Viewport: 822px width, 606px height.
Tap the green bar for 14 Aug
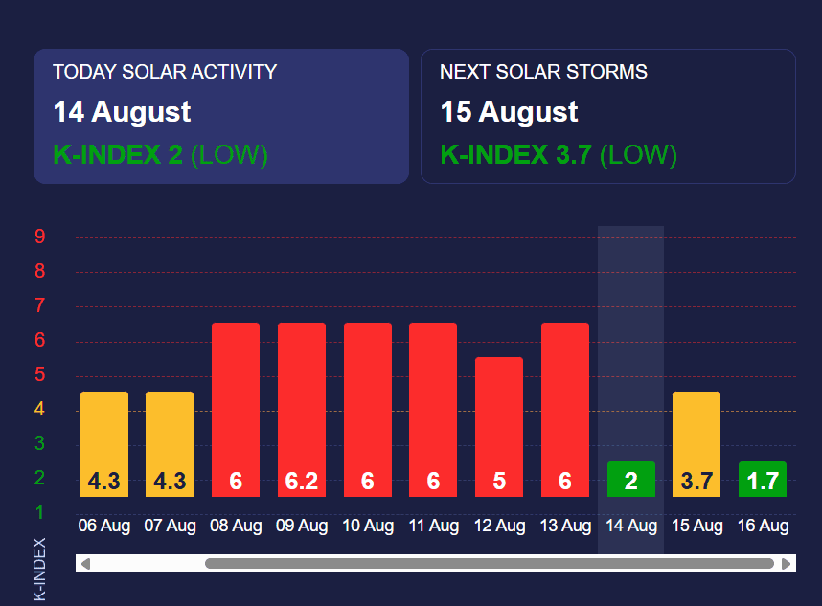[x=631, y=480]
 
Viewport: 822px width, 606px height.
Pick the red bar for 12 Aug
[x=499, y=427]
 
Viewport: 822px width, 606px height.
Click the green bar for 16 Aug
[x=763, y=480]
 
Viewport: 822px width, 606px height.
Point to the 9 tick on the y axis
[x=40, y=237]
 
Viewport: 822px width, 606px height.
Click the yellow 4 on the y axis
[x=40, y=410]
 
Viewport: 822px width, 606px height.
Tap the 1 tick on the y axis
[x=40, y=512]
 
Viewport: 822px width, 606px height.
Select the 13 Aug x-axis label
[x=565, y=526]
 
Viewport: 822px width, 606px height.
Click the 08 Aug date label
[x=236, y=526]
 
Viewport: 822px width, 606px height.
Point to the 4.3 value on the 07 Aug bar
[x=170, y=481]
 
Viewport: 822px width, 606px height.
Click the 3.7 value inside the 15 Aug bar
[x=696, y=481]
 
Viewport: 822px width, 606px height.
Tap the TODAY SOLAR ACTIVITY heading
[x=165, y=72]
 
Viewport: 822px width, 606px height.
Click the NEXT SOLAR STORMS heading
[x=543, y=72]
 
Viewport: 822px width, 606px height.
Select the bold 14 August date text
[x=122, y=112]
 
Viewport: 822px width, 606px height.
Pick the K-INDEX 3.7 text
[x=515, y=155]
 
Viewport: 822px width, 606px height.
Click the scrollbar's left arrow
[x=85, y=564]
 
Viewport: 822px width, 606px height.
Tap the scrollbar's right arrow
[x=788, y=564]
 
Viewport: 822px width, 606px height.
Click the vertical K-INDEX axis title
[x=40, y=570]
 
